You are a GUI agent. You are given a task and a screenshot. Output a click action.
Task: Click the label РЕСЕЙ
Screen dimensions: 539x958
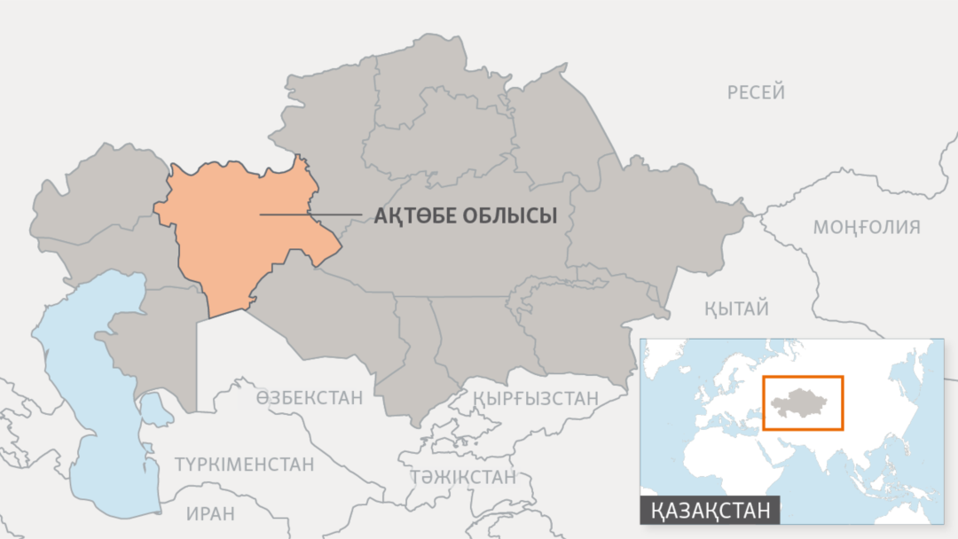pyautogui.click(x=756, y=92)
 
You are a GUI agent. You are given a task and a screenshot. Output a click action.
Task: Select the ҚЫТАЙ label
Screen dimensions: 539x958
pyautogui.click(x=736, y=309)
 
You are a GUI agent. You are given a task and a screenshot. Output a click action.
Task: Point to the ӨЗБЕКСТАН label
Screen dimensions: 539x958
pyautogui.click(x=309, y=397)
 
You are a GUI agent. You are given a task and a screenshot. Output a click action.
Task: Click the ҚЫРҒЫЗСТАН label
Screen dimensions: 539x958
pyautogui.click(x=536, y=398)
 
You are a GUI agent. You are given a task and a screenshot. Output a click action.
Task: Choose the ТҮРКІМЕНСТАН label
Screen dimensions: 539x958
pyautogui.click(x=244, y=465)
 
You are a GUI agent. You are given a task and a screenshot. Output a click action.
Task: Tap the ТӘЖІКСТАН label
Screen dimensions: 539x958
pyautogui.click(x=462, y=477)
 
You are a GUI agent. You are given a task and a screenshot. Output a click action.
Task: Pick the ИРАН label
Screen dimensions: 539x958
pyautogui.click(x=210, y=512)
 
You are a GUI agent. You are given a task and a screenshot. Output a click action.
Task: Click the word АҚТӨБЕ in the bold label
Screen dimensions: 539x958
pyautogui.click(x=413, y=215)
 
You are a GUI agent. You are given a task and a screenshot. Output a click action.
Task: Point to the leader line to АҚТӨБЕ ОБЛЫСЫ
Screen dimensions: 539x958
pyautogui.click(x=310, y=214)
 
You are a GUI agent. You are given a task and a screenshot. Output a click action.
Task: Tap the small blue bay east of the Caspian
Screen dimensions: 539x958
pyautogui.click(x=157, y=409)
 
